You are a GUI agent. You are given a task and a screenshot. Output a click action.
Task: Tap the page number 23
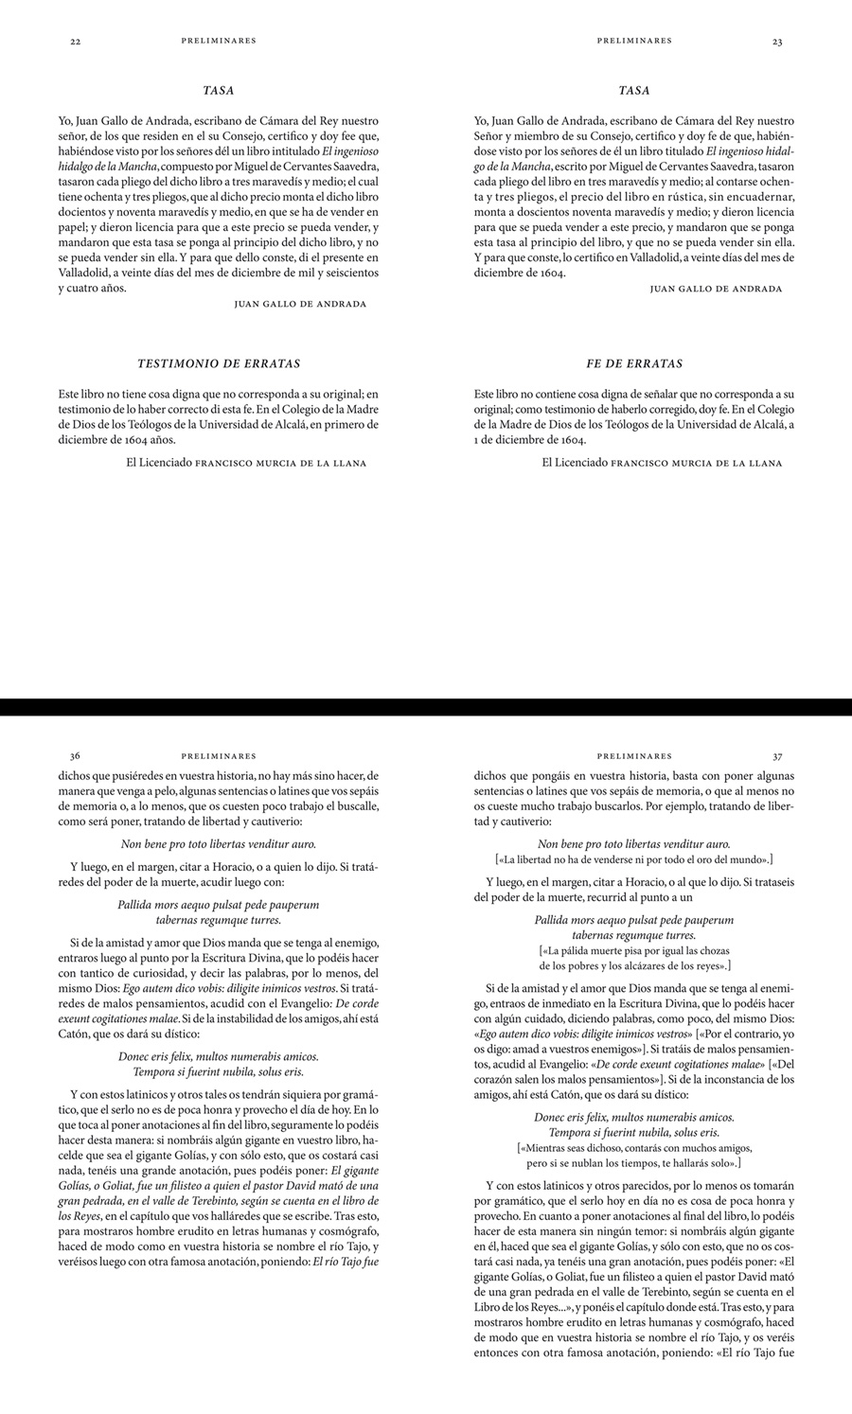pos(777,42)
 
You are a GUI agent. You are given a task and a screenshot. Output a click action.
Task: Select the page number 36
pos(75,756)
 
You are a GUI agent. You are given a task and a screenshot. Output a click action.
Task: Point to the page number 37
pos(777,756)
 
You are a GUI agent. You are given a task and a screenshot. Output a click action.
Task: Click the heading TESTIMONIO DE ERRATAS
pos(219,363)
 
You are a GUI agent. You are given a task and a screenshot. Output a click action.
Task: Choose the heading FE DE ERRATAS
pos(634,363)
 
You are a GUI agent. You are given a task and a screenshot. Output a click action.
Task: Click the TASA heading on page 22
pos(219,91)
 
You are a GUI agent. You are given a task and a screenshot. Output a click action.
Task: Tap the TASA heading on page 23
pos(634,91)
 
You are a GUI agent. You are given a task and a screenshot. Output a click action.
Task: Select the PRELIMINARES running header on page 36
pos(219,756)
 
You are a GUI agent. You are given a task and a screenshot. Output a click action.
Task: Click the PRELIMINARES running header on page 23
pos(634,41)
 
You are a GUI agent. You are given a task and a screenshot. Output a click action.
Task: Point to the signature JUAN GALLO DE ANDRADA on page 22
pos(299,304)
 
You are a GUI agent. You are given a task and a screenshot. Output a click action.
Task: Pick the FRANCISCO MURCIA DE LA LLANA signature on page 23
pos(697,463)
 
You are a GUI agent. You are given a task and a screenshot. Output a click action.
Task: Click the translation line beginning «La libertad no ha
pos(634,859)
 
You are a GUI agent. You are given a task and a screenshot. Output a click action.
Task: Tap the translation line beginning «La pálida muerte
pos(634,949)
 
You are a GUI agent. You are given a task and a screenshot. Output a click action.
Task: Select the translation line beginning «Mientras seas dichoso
pos(634,1146)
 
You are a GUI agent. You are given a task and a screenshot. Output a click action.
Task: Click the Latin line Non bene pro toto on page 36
pos(219,843)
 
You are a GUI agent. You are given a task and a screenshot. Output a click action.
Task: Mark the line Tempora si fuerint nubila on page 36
pos(219,1071)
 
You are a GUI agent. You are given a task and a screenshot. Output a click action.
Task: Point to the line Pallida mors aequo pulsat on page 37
pos(634,919)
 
